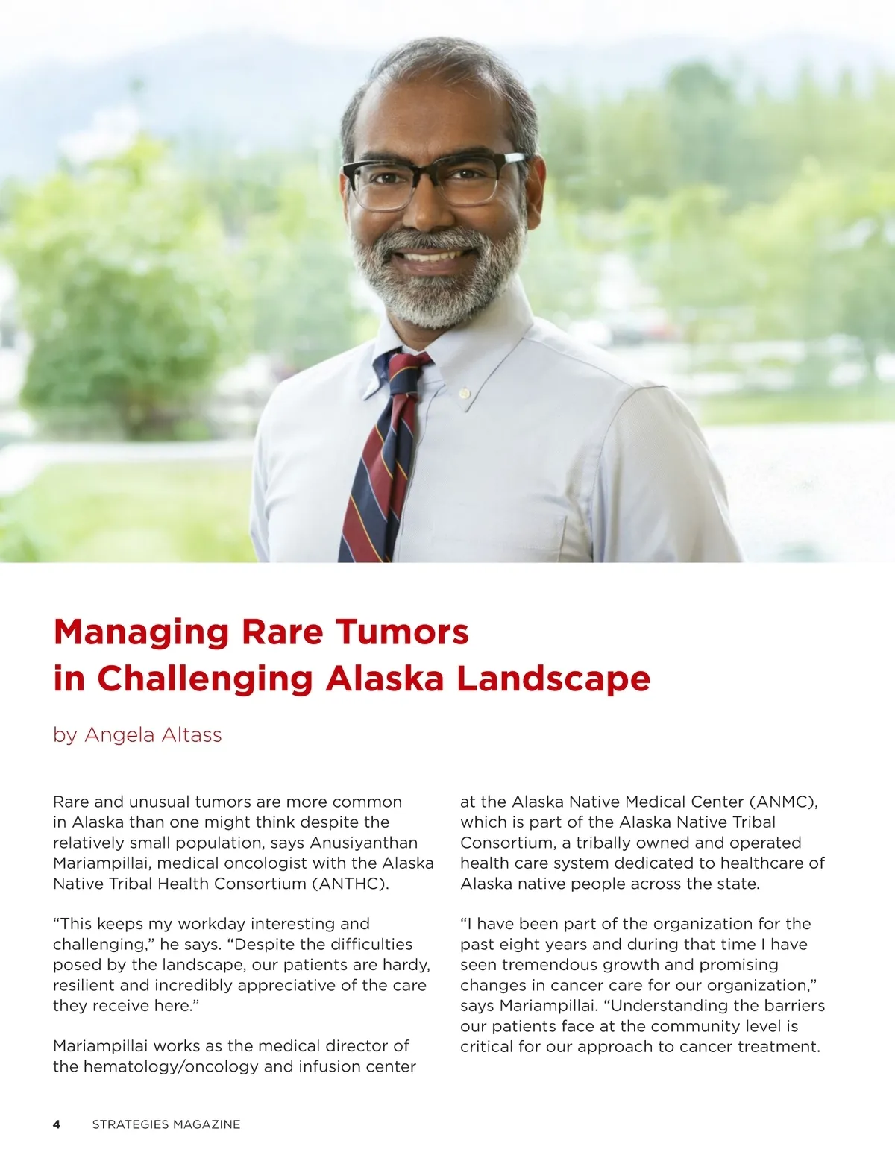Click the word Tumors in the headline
click(x=402, y=632)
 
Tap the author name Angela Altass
click(x=153, y=735)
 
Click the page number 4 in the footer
click(x=57, y=1124)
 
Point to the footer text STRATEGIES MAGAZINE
click(x=166, y=1124)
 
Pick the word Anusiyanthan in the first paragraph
click(x=364, y=843)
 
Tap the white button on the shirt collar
click(x=464, y=392)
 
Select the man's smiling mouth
click(x=433, y=258)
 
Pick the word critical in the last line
click(x=487, y=1047)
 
